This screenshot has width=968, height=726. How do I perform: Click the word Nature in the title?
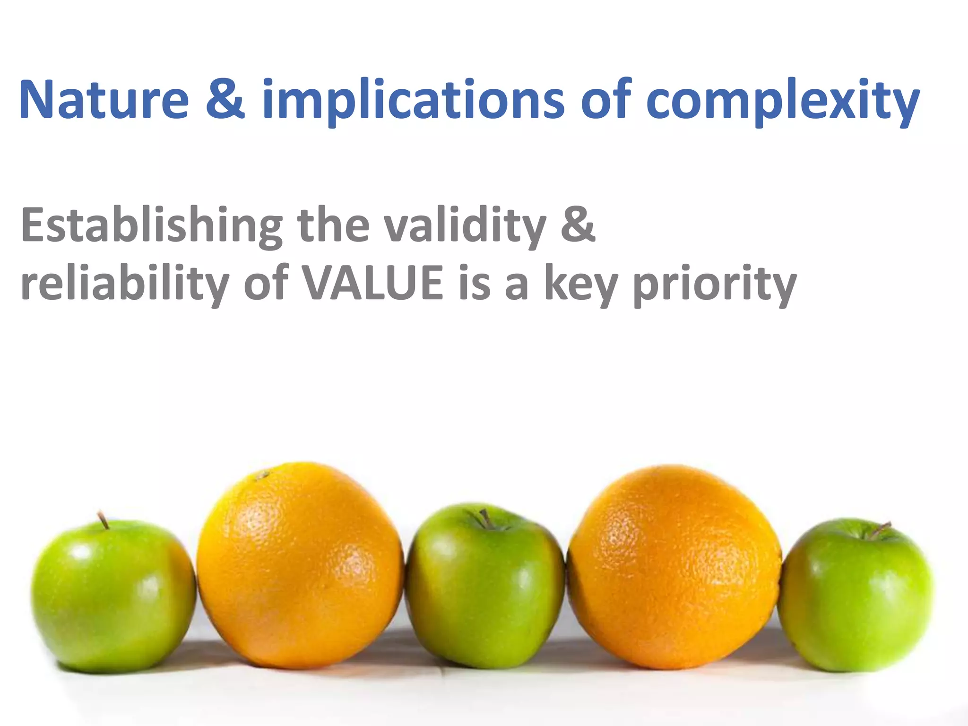point(104,100)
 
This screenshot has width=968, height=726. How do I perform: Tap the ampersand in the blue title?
point(225,100)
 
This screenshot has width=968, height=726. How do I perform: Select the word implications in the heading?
point(413,100)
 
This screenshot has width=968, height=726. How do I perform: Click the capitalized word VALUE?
point(373,284)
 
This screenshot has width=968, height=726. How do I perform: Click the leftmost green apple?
point(113,596)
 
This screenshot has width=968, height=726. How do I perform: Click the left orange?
point(300,567)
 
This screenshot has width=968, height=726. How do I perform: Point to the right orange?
point(674,567)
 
